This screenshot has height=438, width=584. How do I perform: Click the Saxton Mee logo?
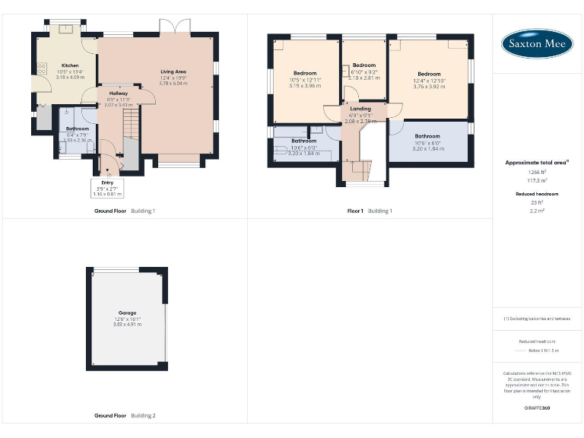[537, 44]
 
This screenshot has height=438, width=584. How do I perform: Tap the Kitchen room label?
[70, 66]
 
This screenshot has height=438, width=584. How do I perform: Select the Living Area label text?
[173, 71]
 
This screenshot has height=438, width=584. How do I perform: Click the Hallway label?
[118, 93]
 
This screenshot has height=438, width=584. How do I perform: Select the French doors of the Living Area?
[174, 27]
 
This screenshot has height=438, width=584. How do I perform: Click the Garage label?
[127, 313]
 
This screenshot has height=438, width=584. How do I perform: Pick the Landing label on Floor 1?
[360, 109]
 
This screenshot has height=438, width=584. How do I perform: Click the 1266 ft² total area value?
[537, 172]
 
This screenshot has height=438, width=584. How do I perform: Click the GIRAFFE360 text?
[537, 408]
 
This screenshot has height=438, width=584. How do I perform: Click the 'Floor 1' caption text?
[356, 210]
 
